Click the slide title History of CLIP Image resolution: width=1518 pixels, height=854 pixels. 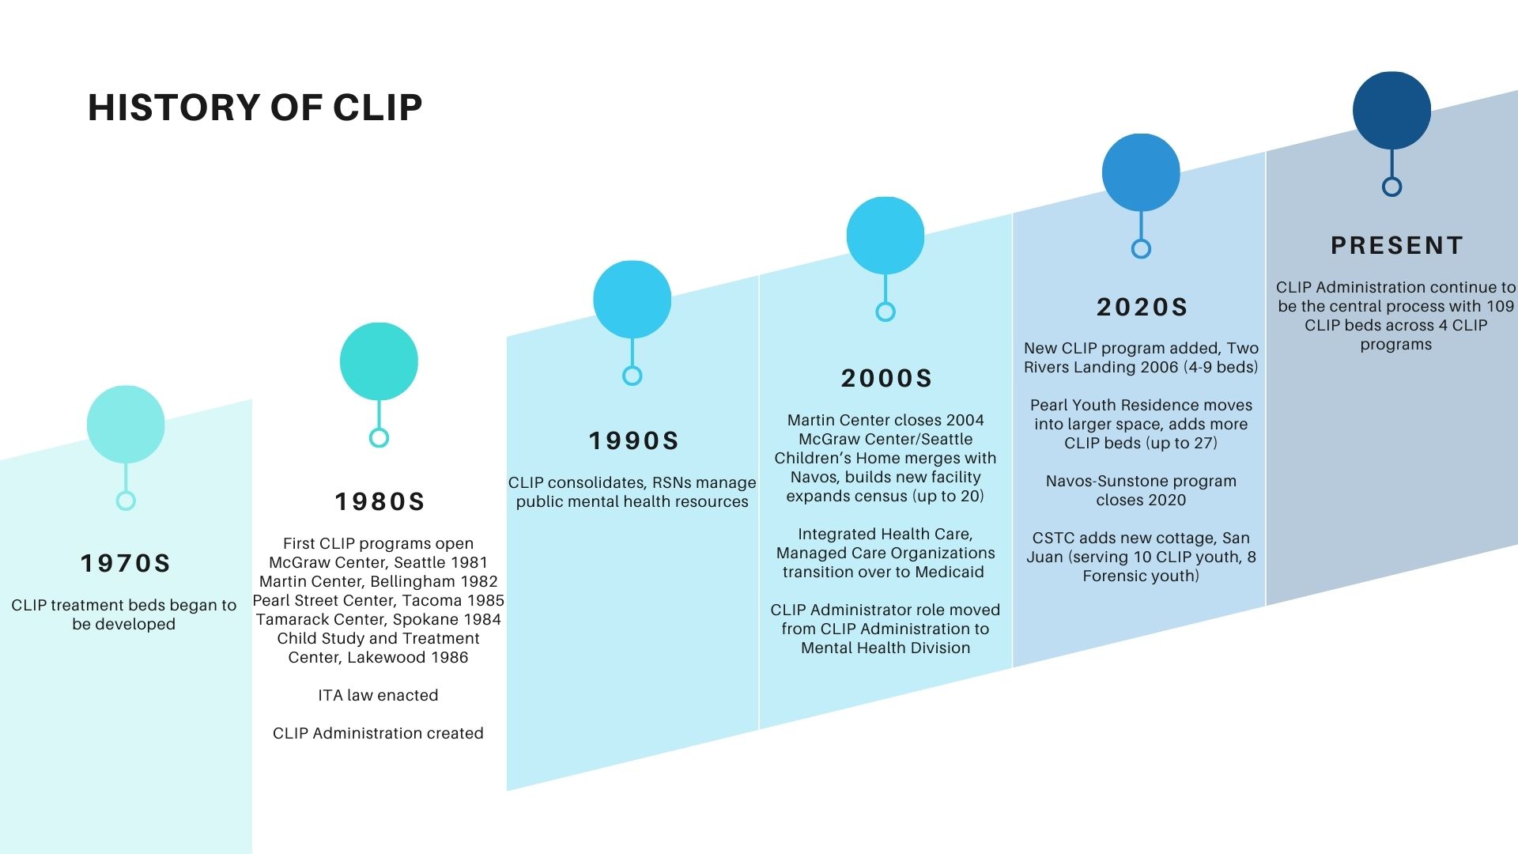point(255,108)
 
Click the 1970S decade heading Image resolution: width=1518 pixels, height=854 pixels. point(126,563)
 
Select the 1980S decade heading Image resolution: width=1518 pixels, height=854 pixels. point(379,501)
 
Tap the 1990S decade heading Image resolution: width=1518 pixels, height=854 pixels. point(633,440)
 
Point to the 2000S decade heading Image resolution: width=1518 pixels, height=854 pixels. point(886,378)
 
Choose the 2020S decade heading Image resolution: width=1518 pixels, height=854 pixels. point(1142,307)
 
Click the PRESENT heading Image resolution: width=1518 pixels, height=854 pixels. point(1397,245)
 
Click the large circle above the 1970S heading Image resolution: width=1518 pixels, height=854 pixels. point(126,425)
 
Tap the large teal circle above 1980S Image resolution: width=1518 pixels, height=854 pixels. point(379,361)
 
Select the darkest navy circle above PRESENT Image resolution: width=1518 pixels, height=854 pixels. point(1391,111)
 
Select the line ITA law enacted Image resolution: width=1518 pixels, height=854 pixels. point(378,695)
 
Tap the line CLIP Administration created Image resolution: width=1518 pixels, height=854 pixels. point(378,733)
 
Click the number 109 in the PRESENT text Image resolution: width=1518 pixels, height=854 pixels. point(1500,306)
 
